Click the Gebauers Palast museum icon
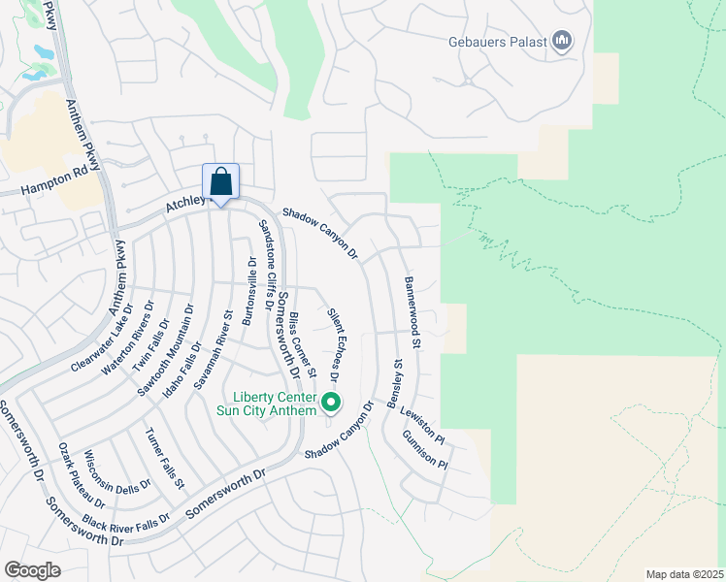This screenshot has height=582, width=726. tap(561, 41)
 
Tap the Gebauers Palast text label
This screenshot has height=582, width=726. tap(498, 42)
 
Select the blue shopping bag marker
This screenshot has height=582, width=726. tap(220, 181)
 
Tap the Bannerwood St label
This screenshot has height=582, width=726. tap(412, 312)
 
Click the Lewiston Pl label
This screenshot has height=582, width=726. tap(420, 425)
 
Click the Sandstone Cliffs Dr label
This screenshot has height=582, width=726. tap(265, 259)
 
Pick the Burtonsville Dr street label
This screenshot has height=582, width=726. tap(250, 289)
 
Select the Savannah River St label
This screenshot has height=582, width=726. tap(215, 349)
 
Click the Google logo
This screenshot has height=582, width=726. tap(32, 569)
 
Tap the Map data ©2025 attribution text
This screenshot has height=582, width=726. tap(683, 574)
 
